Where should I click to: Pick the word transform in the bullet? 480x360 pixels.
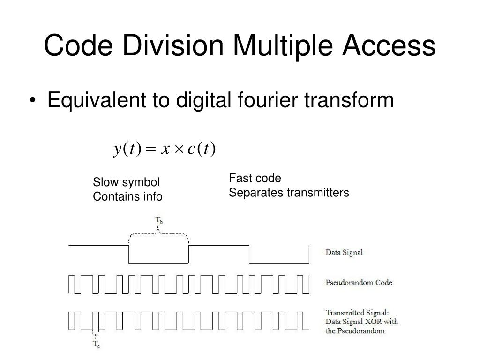pyautogui.click(x=357, y=100)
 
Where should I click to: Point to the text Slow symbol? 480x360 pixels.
pyautogui.click(x=126, y=182)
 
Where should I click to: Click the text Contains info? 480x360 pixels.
pyautogui.click(x=127, y=196)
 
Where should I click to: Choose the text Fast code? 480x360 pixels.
pyautogui.click(x=255, y=178)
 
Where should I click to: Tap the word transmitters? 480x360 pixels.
pyautogui.click(x=319, y=193)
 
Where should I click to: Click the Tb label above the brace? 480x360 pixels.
pyautogui.click(x=159, y=220)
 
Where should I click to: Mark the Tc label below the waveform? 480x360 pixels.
pyautogui.click(x=96, y=345)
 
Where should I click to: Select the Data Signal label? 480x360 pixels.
pyautogui.click(x=344, y=252)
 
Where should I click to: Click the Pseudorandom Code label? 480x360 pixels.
pyautogui.click(x=359, y=283)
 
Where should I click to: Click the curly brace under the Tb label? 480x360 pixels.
pyautogui.click(x=158, y=233)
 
